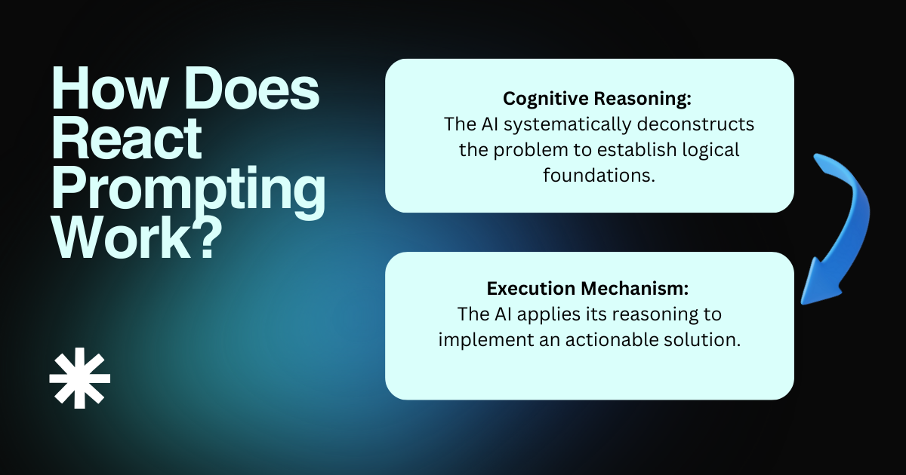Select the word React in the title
point(126,141)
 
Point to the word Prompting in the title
point(188,190)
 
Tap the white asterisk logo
point(80,379)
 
